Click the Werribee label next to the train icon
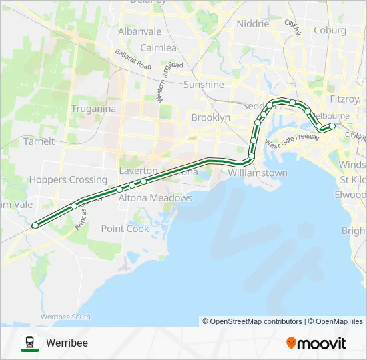(67, 343)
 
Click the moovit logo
(316, 343)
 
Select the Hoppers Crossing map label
(68, 180)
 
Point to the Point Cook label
(125, 229)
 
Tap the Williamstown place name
(258, 173)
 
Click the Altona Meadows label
(155, 198)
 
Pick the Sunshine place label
(204, 85)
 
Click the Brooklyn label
(210, 117)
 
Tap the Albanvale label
(139, 31)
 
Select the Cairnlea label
(158, 48)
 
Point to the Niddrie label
(253, 24)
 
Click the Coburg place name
(330, 30)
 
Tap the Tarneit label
(39, 141)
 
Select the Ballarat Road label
(133, 59)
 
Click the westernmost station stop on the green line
(35, 225)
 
